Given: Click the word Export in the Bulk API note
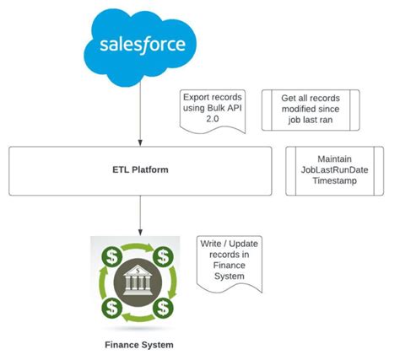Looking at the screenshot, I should click(x=197, y=97).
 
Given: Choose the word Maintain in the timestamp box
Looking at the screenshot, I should click(x=334, y=158).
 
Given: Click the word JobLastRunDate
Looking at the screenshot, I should click(x=334, y=169).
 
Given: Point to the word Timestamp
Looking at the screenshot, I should click(x=334, y=180).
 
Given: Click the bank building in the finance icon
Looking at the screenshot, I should click(x=138, y=277).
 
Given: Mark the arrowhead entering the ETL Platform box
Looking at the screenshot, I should click(x=138, y=143).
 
